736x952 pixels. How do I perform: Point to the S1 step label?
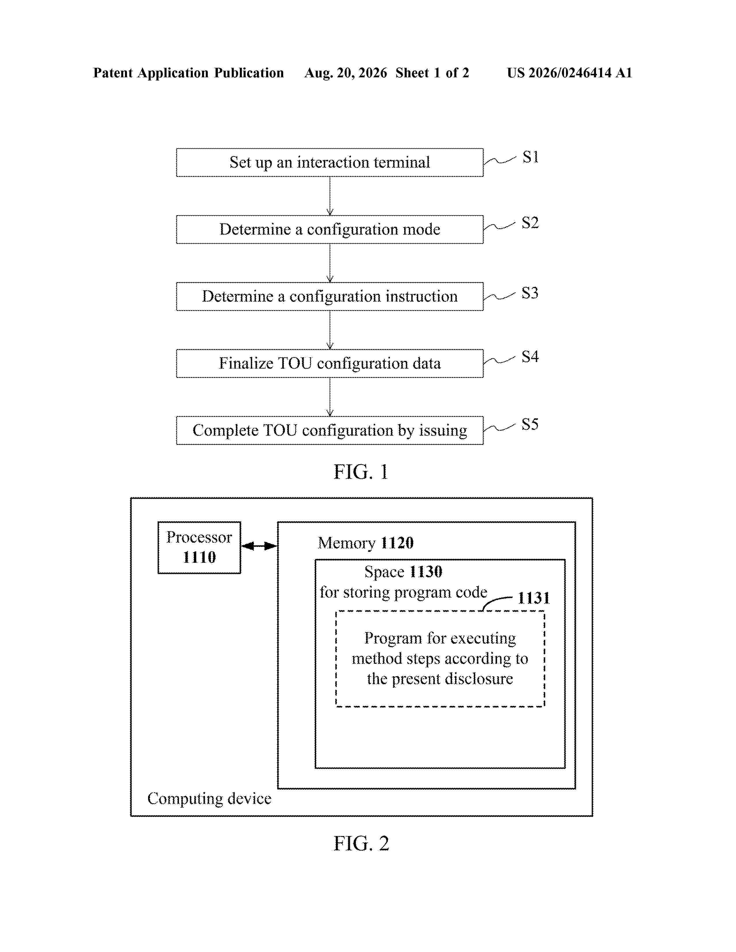tap(530, 157)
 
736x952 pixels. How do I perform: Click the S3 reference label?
tap(530, 293)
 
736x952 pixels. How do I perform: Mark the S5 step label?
tap(530, 424)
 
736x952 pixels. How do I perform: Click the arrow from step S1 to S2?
tap(330, 196)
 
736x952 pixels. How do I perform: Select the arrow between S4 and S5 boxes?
tap(330, 397)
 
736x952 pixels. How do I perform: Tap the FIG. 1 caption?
tap(361, 472)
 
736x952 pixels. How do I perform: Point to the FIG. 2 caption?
tap(361, 844)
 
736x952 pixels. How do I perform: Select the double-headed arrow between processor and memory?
tap(259, 546)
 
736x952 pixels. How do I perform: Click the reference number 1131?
tap(534, 598)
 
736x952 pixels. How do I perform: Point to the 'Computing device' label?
tap(209, 799)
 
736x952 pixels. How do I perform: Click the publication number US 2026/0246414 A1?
tap(569, 73)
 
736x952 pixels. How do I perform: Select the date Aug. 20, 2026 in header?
tap(346, 73)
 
